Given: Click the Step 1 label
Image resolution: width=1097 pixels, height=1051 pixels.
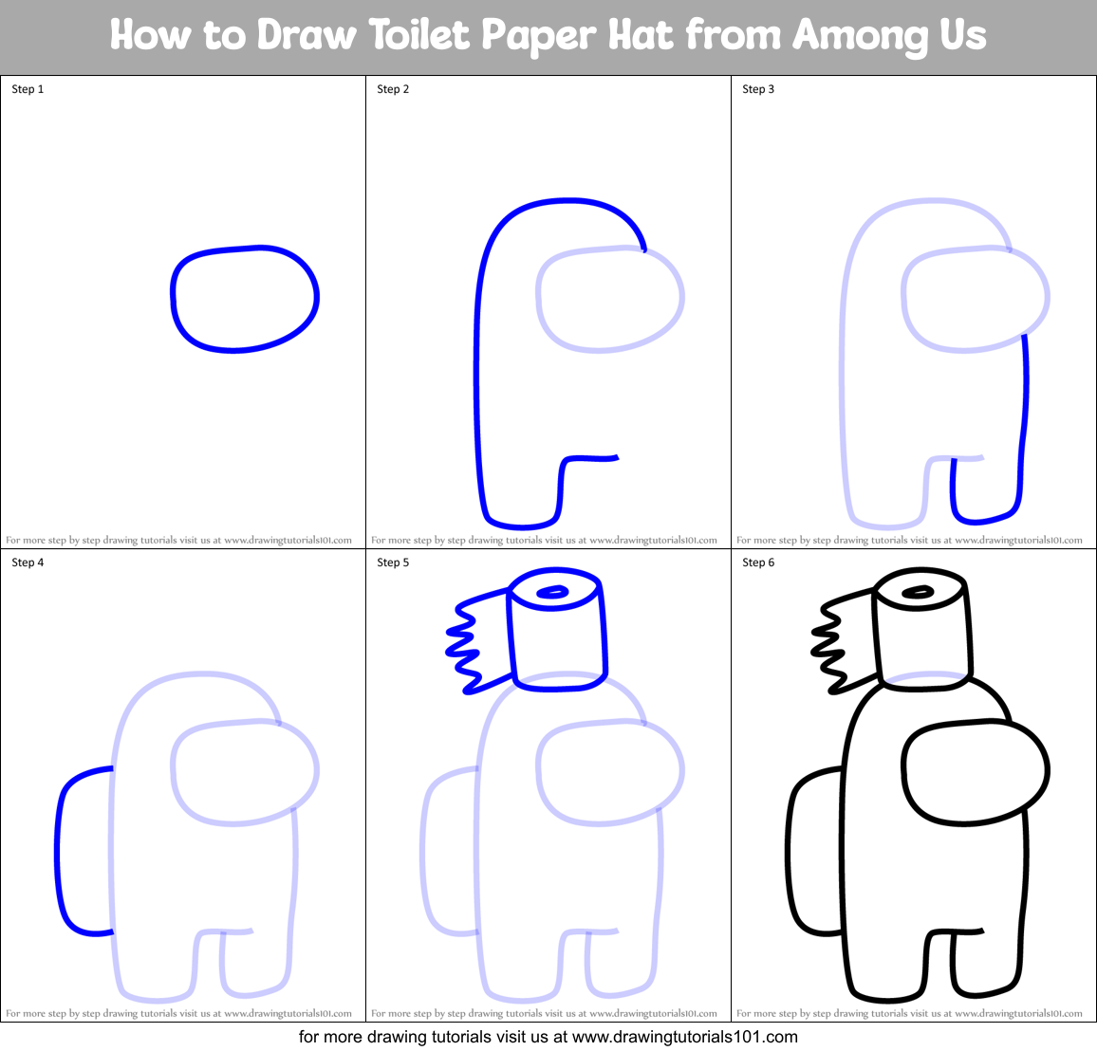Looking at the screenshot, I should (x=28, y=89).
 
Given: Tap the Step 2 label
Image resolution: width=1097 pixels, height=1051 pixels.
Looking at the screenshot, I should (x=393, y=89).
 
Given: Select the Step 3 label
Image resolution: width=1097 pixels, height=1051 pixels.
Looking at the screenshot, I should (x=758, y=89).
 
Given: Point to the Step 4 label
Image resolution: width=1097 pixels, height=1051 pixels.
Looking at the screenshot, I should (x=28, y=562).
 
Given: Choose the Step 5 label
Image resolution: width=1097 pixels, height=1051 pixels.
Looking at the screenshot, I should (x=393, y=562).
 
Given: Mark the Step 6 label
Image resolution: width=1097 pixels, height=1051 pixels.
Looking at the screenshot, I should (x=758, y=562).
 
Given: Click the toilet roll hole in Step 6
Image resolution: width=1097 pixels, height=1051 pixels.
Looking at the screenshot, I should (x=918, y=593).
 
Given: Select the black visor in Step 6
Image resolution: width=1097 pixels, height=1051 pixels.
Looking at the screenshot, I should (x=975, y=771).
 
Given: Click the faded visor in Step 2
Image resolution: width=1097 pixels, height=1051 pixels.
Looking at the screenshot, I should (x=609, y=299).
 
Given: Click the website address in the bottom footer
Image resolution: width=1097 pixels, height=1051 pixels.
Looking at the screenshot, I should (x=685, y=1037).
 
